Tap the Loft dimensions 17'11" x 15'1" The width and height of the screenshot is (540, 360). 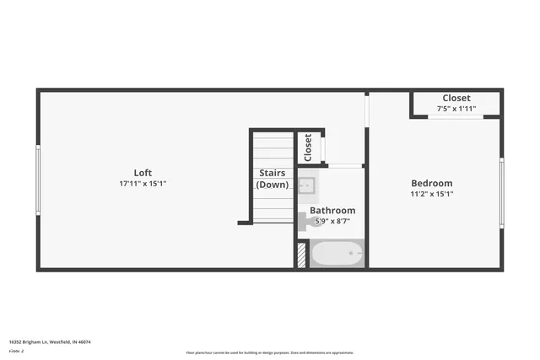(148, 184)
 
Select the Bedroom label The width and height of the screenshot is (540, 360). (431, 183)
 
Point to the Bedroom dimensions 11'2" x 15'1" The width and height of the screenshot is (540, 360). (431, 194)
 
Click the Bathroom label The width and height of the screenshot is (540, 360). (332, 210)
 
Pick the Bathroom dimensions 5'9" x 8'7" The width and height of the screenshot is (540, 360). (332, 221)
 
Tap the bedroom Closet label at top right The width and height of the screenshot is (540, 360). (456, 98)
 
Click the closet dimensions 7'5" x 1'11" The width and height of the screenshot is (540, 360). (456, 109)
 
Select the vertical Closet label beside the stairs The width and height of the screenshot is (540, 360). (308, 148)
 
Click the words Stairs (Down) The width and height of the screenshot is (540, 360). (273, 179)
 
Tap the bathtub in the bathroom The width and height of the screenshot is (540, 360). (337, 254)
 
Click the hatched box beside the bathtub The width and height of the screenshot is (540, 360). (301, 255)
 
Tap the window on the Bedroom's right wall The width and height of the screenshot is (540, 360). (501, 194)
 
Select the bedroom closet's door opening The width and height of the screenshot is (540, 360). (456, 116)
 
